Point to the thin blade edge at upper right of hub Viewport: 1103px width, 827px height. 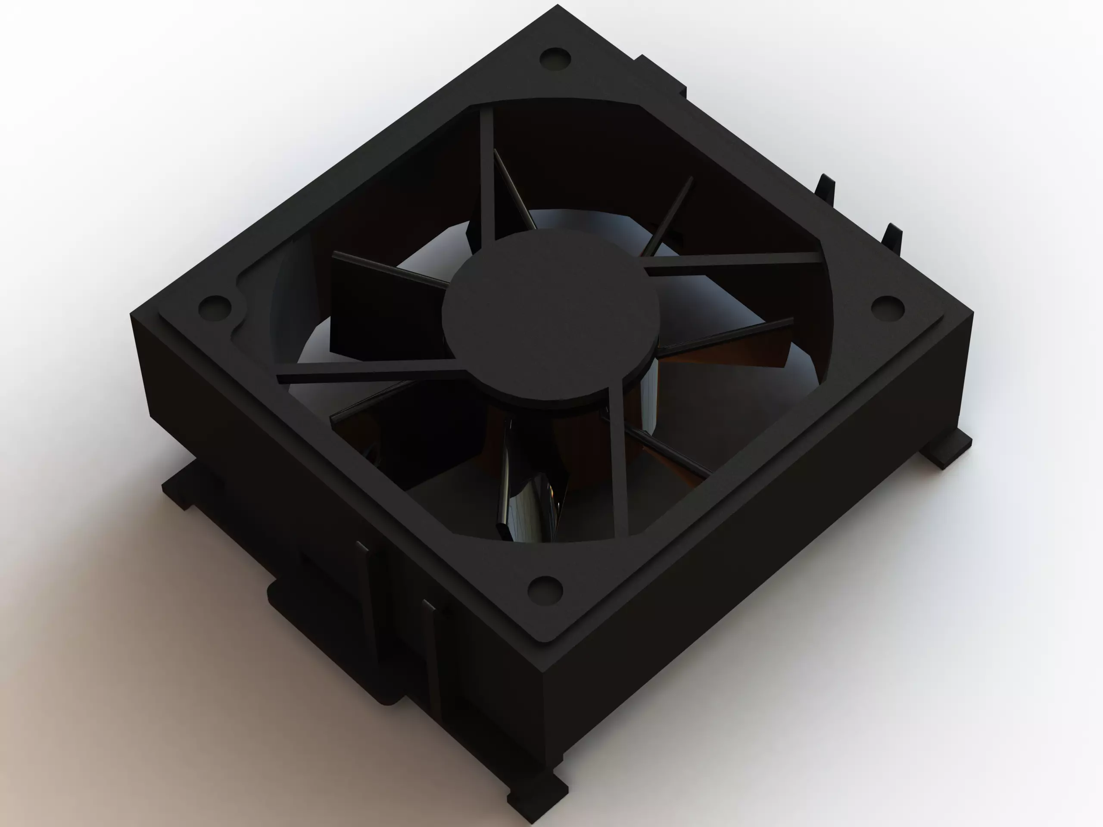[668, 215]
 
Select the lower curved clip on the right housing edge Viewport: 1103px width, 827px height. [893, 239]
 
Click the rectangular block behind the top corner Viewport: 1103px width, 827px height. [661, 80]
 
